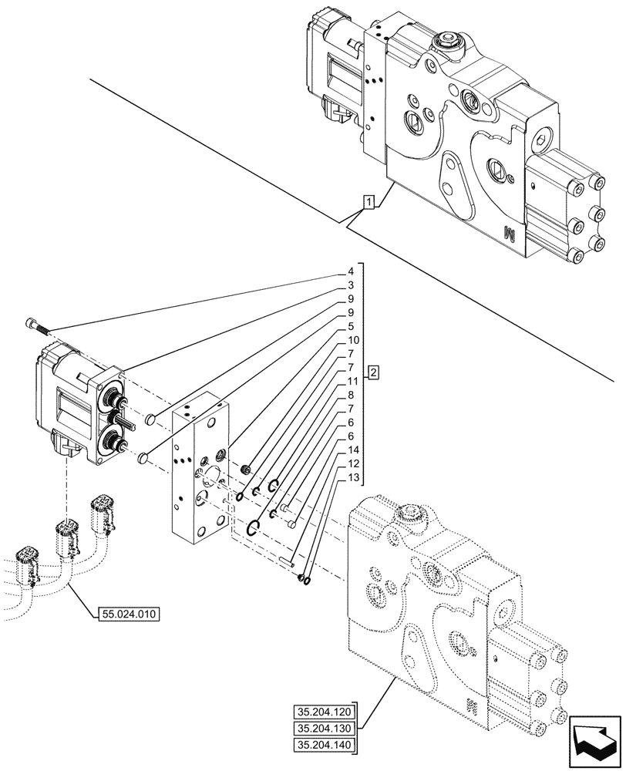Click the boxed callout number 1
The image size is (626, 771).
coord(369,204)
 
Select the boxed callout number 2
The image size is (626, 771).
coord(373,373)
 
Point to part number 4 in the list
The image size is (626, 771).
coord(350,271)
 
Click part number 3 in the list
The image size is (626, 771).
coord(350,285)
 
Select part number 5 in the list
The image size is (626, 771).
coord(350,326)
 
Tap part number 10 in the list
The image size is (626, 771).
coord(352,340)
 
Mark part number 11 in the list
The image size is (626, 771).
coord(352,381)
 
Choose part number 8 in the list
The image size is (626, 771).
coord(350,395)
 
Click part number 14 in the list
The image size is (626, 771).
coord(352,449)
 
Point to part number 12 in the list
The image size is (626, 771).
coord(352,463)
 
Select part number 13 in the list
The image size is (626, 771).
coord(352,477)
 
